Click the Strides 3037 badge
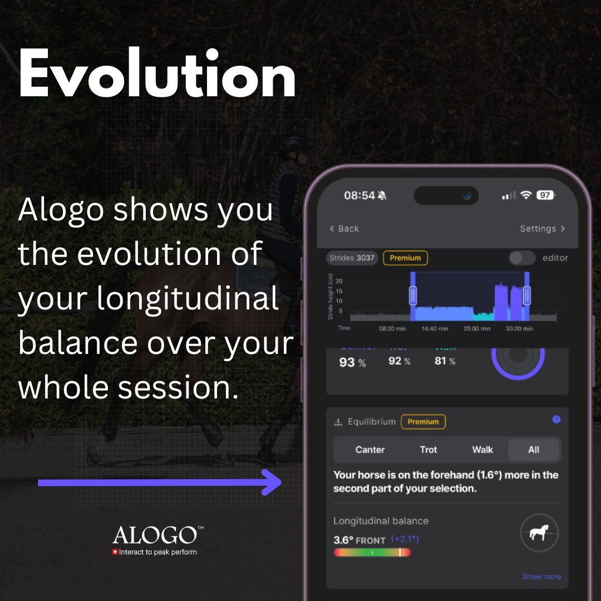pos(352,258)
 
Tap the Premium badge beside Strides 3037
pos(405,258)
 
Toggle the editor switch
pos(522,258)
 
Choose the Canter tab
pos(370,450)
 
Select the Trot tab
pos(428,450)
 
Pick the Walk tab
pos(482,450)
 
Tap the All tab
pos(533,450)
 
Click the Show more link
pos(541,577)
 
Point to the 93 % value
pos(352,362)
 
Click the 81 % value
pos(445,361)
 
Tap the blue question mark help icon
pos(556,420)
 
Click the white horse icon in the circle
pos(539,533)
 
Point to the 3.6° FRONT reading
pos(359,540)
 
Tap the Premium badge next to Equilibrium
pos(423,422)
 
